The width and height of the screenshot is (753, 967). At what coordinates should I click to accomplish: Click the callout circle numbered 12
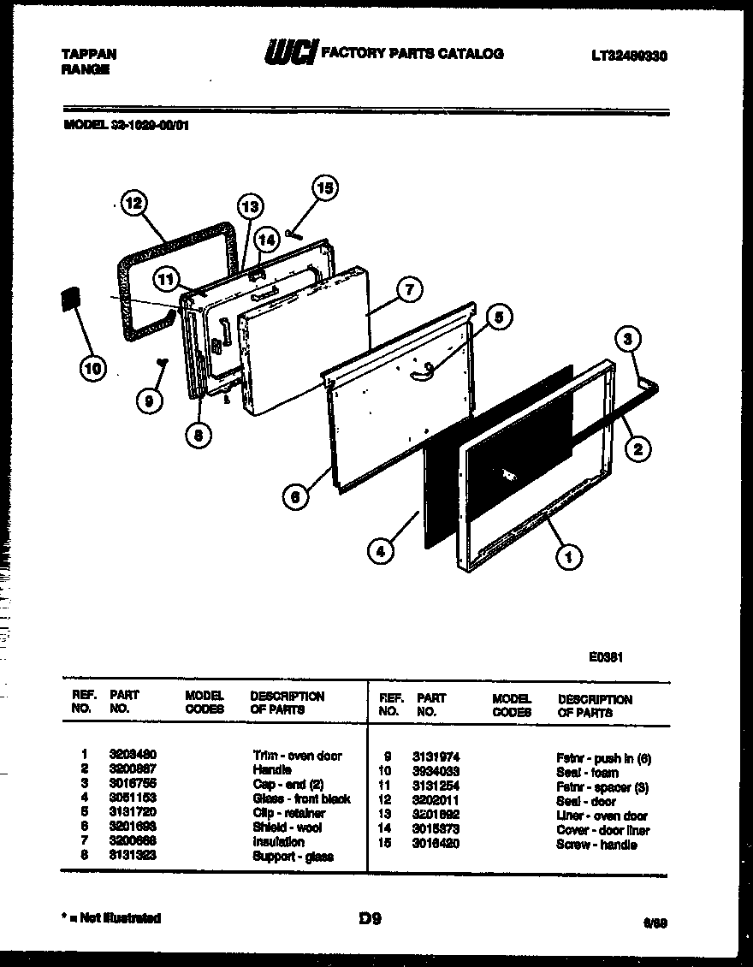click(133, 204)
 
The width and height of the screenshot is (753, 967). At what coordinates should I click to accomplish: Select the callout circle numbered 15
click(323, 188)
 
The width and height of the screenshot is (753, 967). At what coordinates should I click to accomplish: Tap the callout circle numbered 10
click(93, 369)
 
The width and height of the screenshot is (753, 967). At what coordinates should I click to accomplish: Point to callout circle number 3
click(628, 340)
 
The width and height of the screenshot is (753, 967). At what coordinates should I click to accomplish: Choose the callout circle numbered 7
click(409, 290)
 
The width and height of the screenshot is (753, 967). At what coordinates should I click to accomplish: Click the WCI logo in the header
click(290, 54)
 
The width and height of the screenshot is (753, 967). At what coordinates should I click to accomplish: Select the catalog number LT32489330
click(629, 56)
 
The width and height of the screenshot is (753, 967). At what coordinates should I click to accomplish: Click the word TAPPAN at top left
click(89, 53)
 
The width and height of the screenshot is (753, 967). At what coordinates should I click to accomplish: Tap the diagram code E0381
click(605, 658)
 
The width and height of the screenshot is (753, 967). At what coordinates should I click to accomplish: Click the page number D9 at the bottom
click(370, 920)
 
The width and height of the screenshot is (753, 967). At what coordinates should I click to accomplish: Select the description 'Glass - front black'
click(301, 799)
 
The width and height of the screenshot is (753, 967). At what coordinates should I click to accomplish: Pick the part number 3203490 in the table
click(133, 755)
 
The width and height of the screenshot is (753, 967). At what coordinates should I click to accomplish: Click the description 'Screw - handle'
click(596, 845)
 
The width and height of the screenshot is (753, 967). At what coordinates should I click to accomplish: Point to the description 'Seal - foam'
click(587, 772)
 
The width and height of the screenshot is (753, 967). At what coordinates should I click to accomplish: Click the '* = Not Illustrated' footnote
click(111, 918)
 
